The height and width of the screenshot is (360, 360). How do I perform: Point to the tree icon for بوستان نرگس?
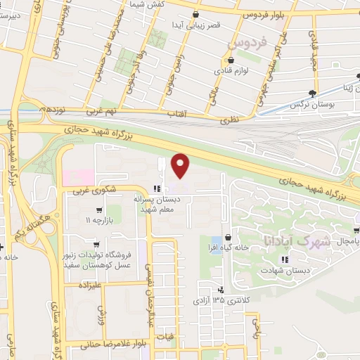click(321, 93)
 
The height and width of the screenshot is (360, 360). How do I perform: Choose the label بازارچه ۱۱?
click(99, 220)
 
